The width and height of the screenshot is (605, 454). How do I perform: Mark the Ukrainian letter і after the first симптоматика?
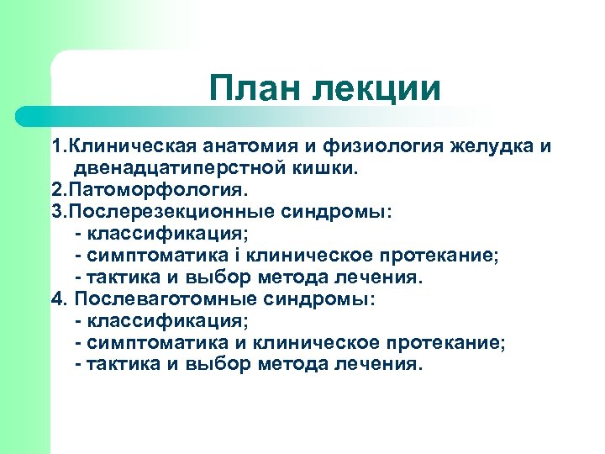click(x=207, y=256)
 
